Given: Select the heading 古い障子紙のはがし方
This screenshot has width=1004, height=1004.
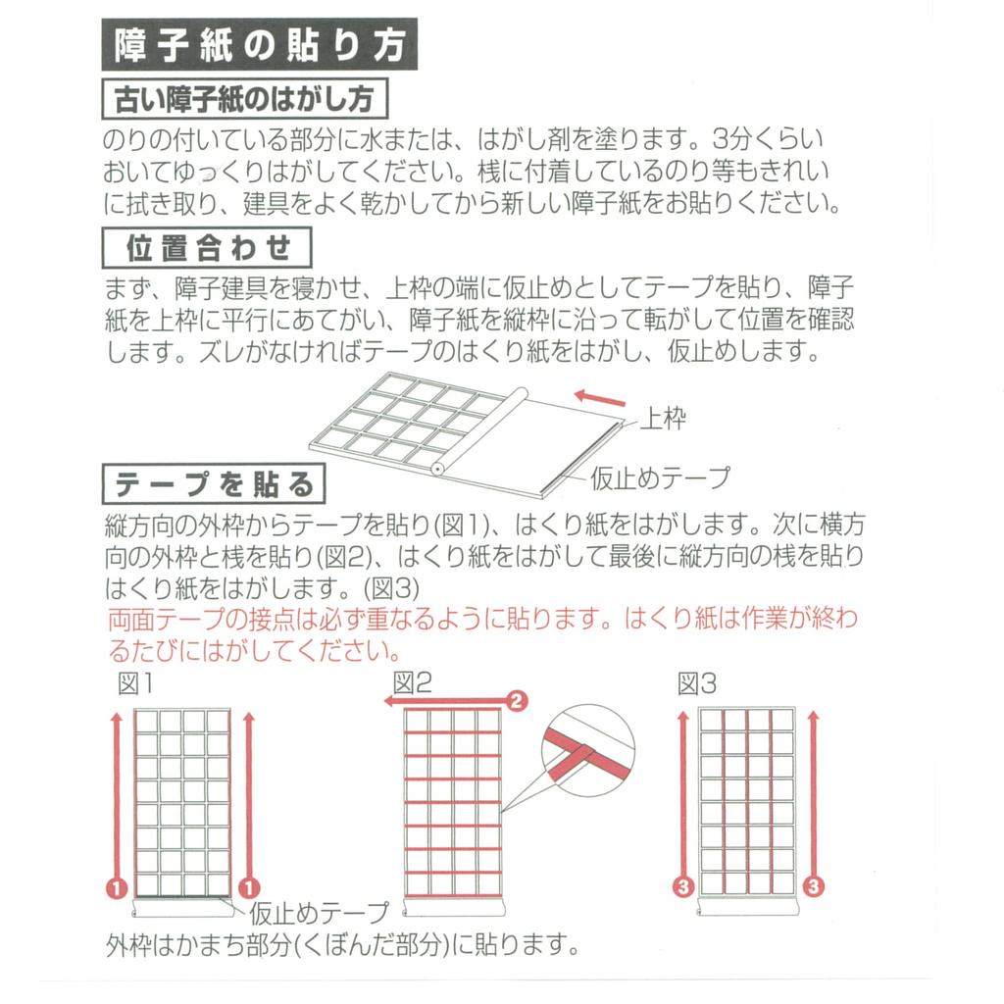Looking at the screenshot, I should (245, 100).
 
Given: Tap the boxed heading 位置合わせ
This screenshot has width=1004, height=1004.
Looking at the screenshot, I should (208, 248).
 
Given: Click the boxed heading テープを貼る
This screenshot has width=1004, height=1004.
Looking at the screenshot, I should (215, 483).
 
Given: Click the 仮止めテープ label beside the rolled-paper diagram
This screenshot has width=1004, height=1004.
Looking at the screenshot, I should (660, 477).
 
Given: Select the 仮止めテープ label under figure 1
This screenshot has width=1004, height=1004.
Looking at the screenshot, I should (320, 914).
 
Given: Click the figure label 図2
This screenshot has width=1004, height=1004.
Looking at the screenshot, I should (412, 683).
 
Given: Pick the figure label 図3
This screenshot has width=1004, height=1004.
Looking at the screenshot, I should (697, 683).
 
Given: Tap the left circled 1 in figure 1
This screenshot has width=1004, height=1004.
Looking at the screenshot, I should (117, 887).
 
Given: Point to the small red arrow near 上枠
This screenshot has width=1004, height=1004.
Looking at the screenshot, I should (599, 398).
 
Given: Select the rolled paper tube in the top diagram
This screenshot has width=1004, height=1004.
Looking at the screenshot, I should (477, 431).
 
